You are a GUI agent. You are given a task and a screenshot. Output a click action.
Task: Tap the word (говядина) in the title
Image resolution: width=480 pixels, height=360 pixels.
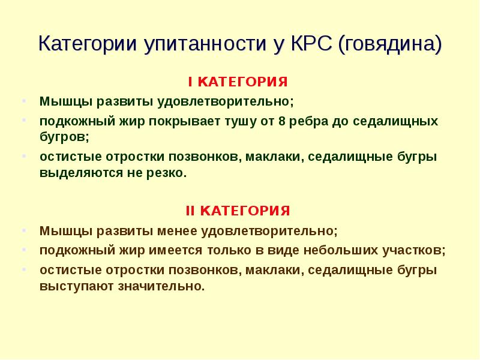(x=390, y=44)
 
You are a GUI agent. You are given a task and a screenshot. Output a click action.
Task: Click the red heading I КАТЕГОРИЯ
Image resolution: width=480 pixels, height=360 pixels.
(x=238, y=81)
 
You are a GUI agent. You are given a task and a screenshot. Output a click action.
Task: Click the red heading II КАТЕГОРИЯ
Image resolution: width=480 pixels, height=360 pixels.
(x=238, y=211)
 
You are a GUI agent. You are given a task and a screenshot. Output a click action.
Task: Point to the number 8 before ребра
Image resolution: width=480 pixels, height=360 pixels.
(x=282, y=121)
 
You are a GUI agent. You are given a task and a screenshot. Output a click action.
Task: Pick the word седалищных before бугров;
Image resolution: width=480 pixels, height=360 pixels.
(x=395, y=121)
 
